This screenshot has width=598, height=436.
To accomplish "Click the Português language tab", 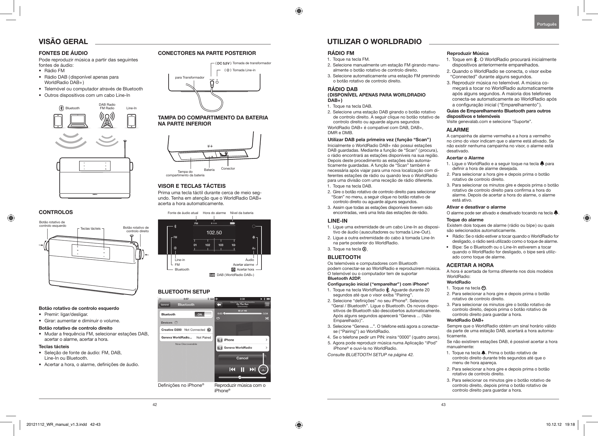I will tap(547, 24).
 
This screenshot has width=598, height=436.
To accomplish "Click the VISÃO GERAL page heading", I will tap(63, 42).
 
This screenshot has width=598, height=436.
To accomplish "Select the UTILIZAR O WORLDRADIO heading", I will tap(374, 42).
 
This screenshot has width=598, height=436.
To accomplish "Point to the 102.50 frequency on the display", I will tap(214, 233).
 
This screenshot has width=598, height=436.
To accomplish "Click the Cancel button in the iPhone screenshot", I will tap(242, 358).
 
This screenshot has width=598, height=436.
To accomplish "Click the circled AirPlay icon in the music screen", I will tap(263, 370).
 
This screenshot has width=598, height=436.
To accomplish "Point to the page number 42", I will tap(155, 405).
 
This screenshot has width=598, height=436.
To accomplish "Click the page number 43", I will tap(443, 405).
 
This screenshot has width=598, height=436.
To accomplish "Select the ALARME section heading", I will tap(457, 130).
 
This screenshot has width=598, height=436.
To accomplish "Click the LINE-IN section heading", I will tap(338, 221).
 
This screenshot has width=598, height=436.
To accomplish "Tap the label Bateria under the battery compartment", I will tap(209, 170).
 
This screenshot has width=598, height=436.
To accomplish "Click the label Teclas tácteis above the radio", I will tap(91, 229).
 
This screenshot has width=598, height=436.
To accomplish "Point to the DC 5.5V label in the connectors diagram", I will tap(223, 63).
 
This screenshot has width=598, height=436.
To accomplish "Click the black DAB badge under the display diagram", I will tap(212, 275).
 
